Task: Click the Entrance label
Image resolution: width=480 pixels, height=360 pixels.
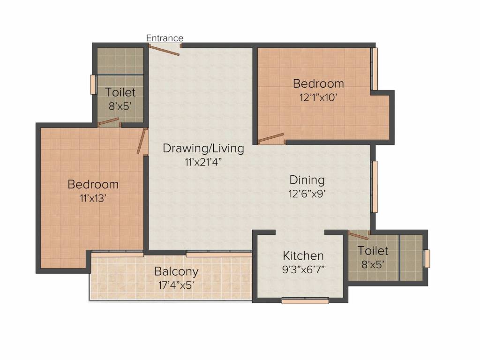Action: [165, 38]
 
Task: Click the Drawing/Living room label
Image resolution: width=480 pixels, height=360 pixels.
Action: [203, 149]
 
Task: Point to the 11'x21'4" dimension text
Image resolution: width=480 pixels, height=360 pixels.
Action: [203, 162]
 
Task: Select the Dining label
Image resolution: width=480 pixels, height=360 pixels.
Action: [307, 180]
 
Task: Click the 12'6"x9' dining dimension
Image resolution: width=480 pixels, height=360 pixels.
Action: [307, 194]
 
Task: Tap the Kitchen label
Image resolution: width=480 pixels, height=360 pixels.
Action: [303, 255]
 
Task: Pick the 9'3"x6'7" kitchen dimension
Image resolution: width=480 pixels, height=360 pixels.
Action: [303, 270]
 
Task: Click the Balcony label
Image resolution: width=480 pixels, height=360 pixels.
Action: [176, 272]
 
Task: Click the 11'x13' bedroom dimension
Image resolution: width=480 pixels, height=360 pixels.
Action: [93, 199]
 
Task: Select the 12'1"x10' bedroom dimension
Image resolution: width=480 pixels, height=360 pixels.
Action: [318, 97]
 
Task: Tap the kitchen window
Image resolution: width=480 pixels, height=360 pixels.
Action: [305, 300]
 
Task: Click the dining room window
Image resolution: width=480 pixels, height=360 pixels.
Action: [374, 187]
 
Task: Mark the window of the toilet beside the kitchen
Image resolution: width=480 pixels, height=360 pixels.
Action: [427, 259]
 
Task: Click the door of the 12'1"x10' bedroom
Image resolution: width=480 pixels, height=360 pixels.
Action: [271, 138]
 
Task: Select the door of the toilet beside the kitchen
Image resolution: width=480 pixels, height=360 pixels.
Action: [359, 235]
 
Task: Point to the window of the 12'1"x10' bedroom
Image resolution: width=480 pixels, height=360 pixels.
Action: [375, 68]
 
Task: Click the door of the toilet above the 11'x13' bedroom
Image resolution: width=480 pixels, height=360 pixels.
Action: [108, 122]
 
